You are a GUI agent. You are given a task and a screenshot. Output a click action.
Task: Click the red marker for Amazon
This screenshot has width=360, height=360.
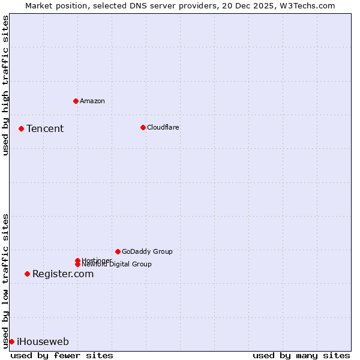pyautogui.click(x=76, y=101)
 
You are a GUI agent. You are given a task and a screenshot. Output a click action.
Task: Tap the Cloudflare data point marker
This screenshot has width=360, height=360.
pyautogui.click(x=143, y=127)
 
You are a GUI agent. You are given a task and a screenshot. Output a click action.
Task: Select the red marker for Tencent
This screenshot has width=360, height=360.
pyautogui.click(x=21, y=128)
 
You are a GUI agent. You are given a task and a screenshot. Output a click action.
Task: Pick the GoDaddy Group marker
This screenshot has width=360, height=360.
pyautogui.click(x=118, y=251)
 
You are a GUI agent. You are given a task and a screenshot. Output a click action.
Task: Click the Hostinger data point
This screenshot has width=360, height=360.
pyautogui.click(x=77, y=260)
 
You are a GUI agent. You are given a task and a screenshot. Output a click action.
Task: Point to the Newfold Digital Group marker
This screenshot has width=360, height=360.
pyautogui.click(x=77, y=264)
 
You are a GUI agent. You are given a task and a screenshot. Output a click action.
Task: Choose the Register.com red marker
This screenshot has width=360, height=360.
pyautogui.click(x=27, y=274)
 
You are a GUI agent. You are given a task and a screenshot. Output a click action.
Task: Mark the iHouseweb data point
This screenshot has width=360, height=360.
pyautogui.click(x=11, y=341)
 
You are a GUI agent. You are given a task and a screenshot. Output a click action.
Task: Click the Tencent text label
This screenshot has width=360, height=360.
pyautogui.click(x=45, y=128)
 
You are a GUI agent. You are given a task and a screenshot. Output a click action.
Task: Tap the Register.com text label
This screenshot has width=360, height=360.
pyautogui.click(x=63, y=274)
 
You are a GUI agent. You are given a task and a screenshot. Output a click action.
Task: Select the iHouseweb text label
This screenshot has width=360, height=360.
pyautogui.click(x=43, y=341)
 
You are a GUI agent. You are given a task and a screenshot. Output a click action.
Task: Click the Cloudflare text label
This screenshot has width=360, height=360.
pyautogui.click(x=163, y=127)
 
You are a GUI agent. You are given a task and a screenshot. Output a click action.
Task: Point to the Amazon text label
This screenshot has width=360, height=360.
pyautogui.click(x=92, y=101)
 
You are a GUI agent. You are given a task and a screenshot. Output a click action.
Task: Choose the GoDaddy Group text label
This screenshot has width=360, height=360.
pyautogui.click(x=147, y=251)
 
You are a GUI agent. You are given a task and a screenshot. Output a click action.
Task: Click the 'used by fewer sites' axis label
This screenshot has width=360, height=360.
pyautogui.click(x=62, y=355)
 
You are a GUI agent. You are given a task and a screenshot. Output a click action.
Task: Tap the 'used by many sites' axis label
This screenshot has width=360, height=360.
pyautogui.click(x=301, y=355)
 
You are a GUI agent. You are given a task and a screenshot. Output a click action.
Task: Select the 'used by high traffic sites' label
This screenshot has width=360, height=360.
pyautogui.click(x=5, y=85)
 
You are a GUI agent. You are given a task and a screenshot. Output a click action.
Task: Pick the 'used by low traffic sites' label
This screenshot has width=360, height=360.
pyautogui.click(x=5, y=280)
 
